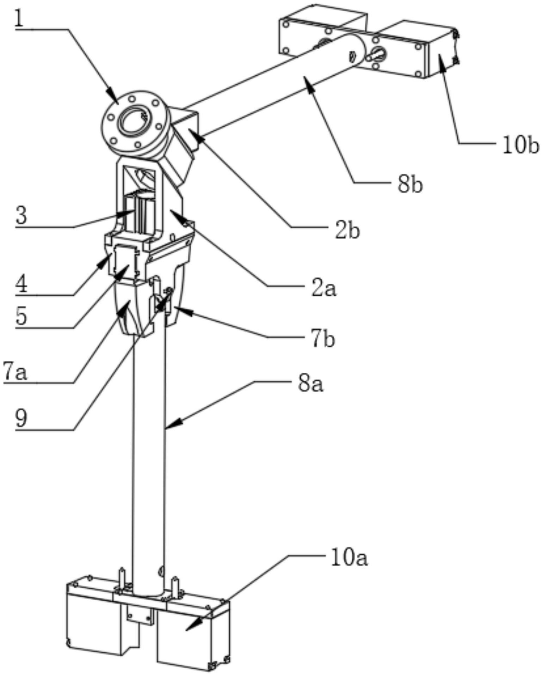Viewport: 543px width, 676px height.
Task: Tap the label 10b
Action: point(520,145)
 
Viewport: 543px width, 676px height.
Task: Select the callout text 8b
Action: point(410,184)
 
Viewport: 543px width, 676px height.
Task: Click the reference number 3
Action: point(21,215)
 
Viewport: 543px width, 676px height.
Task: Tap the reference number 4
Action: point(21,284)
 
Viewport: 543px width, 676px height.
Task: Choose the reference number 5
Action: point(21,316)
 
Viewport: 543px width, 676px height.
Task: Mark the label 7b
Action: point(323,340)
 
